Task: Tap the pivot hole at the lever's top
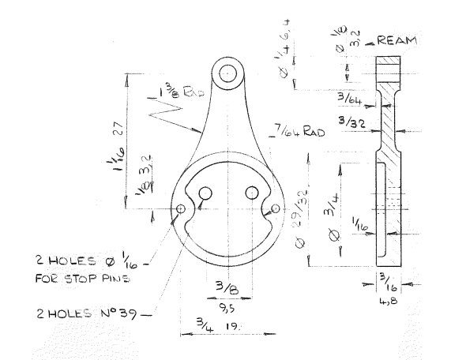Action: pos(228,73)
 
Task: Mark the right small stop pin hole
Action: pos(275,208)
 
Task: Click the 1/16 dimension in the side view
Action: pos(357,227)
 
